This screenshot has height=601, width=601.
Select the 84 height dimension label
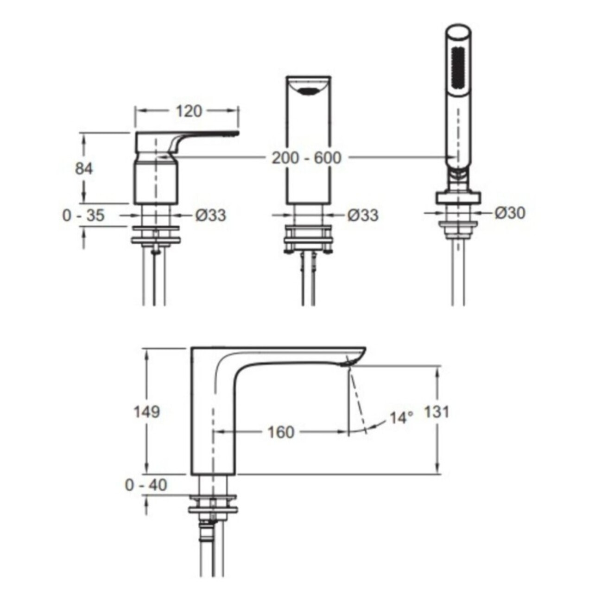click(84, 169)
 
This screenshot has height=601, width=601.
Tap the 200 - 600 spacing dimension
click(307, 158)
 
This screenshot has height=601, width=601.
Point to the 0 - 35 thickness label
click(83, 215)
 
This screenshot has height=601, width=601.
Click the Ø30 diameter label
click(510, 213)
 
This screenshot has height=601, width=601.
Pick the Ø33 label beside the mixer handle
click(210, 215)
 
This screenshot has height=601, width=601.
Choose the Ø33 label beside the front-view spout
click(363, 215)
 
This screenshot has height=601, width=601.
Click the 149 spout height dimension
click(146, 412)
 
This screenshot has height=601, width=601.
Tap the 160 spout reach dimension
click(281, 432)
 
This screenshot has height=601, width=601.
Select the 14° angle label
click(402, 418)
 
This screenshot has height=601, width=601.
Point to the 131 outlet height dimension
click(437, 412)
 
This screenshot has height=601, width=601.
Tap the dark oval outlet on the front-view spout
click(308, 91)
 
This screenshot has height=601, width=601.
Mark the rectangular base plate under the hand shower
click(458, 197)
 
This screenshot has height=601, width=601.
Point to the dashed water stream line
click(358, 399)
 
